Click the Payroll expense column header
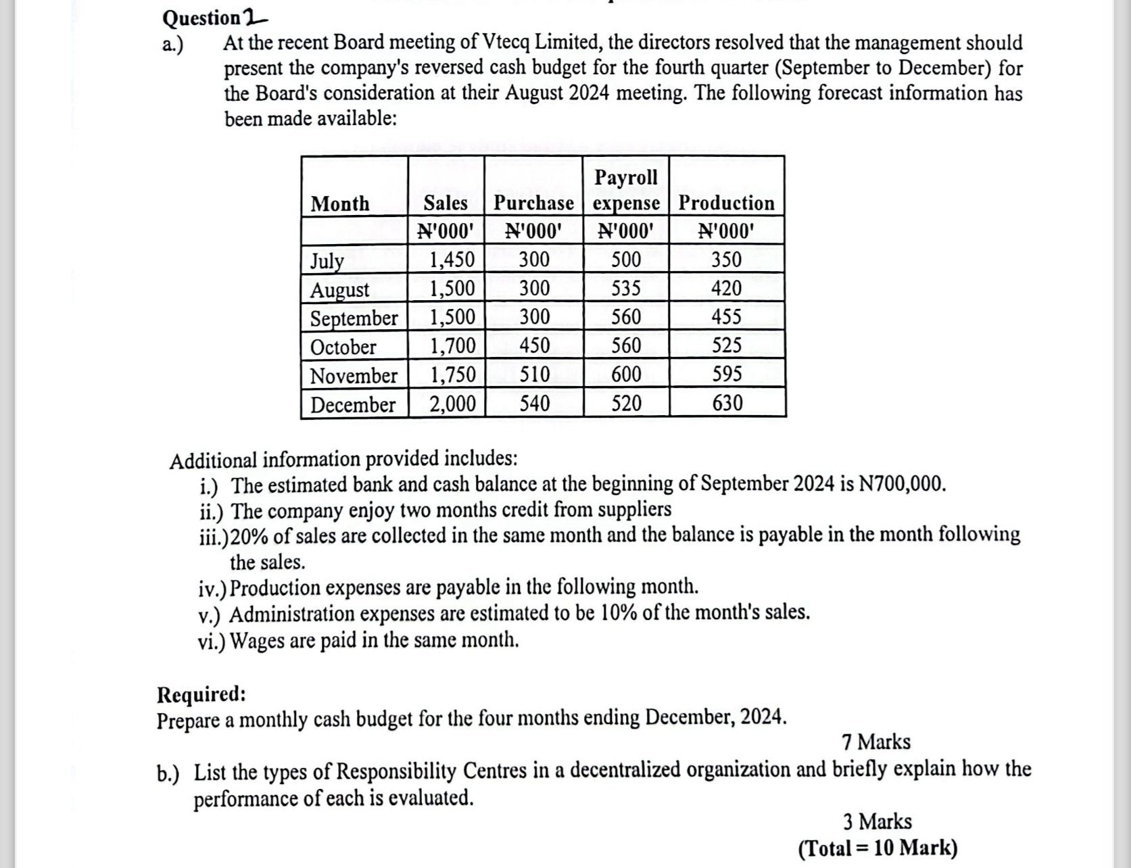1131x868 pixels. [626, 190]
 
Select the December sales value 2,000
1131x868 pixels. [453, 404]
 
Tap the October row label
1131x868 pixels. [343, 347]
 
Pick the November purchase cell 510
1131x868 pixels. [534, 374]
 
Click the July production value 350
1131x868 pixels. [726, 260]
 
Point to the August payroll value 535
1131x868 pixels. [626, 289]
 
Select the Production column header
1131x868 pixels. [726, 203]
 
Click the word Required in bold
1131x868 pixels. [201, 694]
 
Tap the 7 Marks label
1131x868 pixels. [876, 742]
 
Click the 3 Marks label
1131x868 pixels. [877, 821]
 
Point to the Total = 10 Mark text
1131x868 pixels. [877, 847]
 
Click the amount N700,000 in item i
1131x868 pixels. [901, 484]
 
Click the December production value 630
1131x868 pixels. [727, 403]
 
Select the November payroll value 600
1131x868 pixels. [626, 374]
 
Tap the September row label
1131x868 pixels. [354, 318]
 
